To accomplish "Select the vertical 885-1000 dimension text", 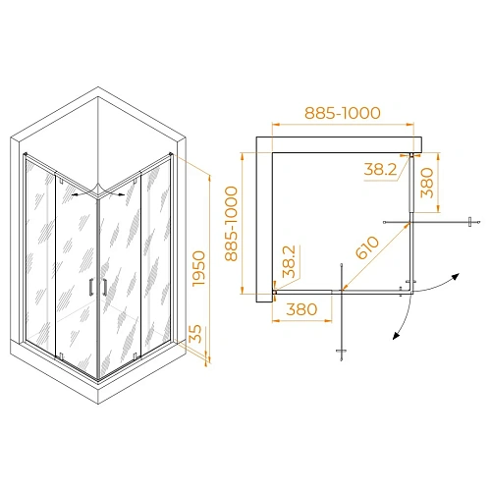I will point(233,224).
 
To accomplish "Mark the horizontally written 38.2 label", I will point(379,169).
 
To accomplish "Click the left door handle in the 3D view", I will point(90,287).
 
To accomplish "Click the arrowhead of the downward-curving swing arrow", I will point(395,335).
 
